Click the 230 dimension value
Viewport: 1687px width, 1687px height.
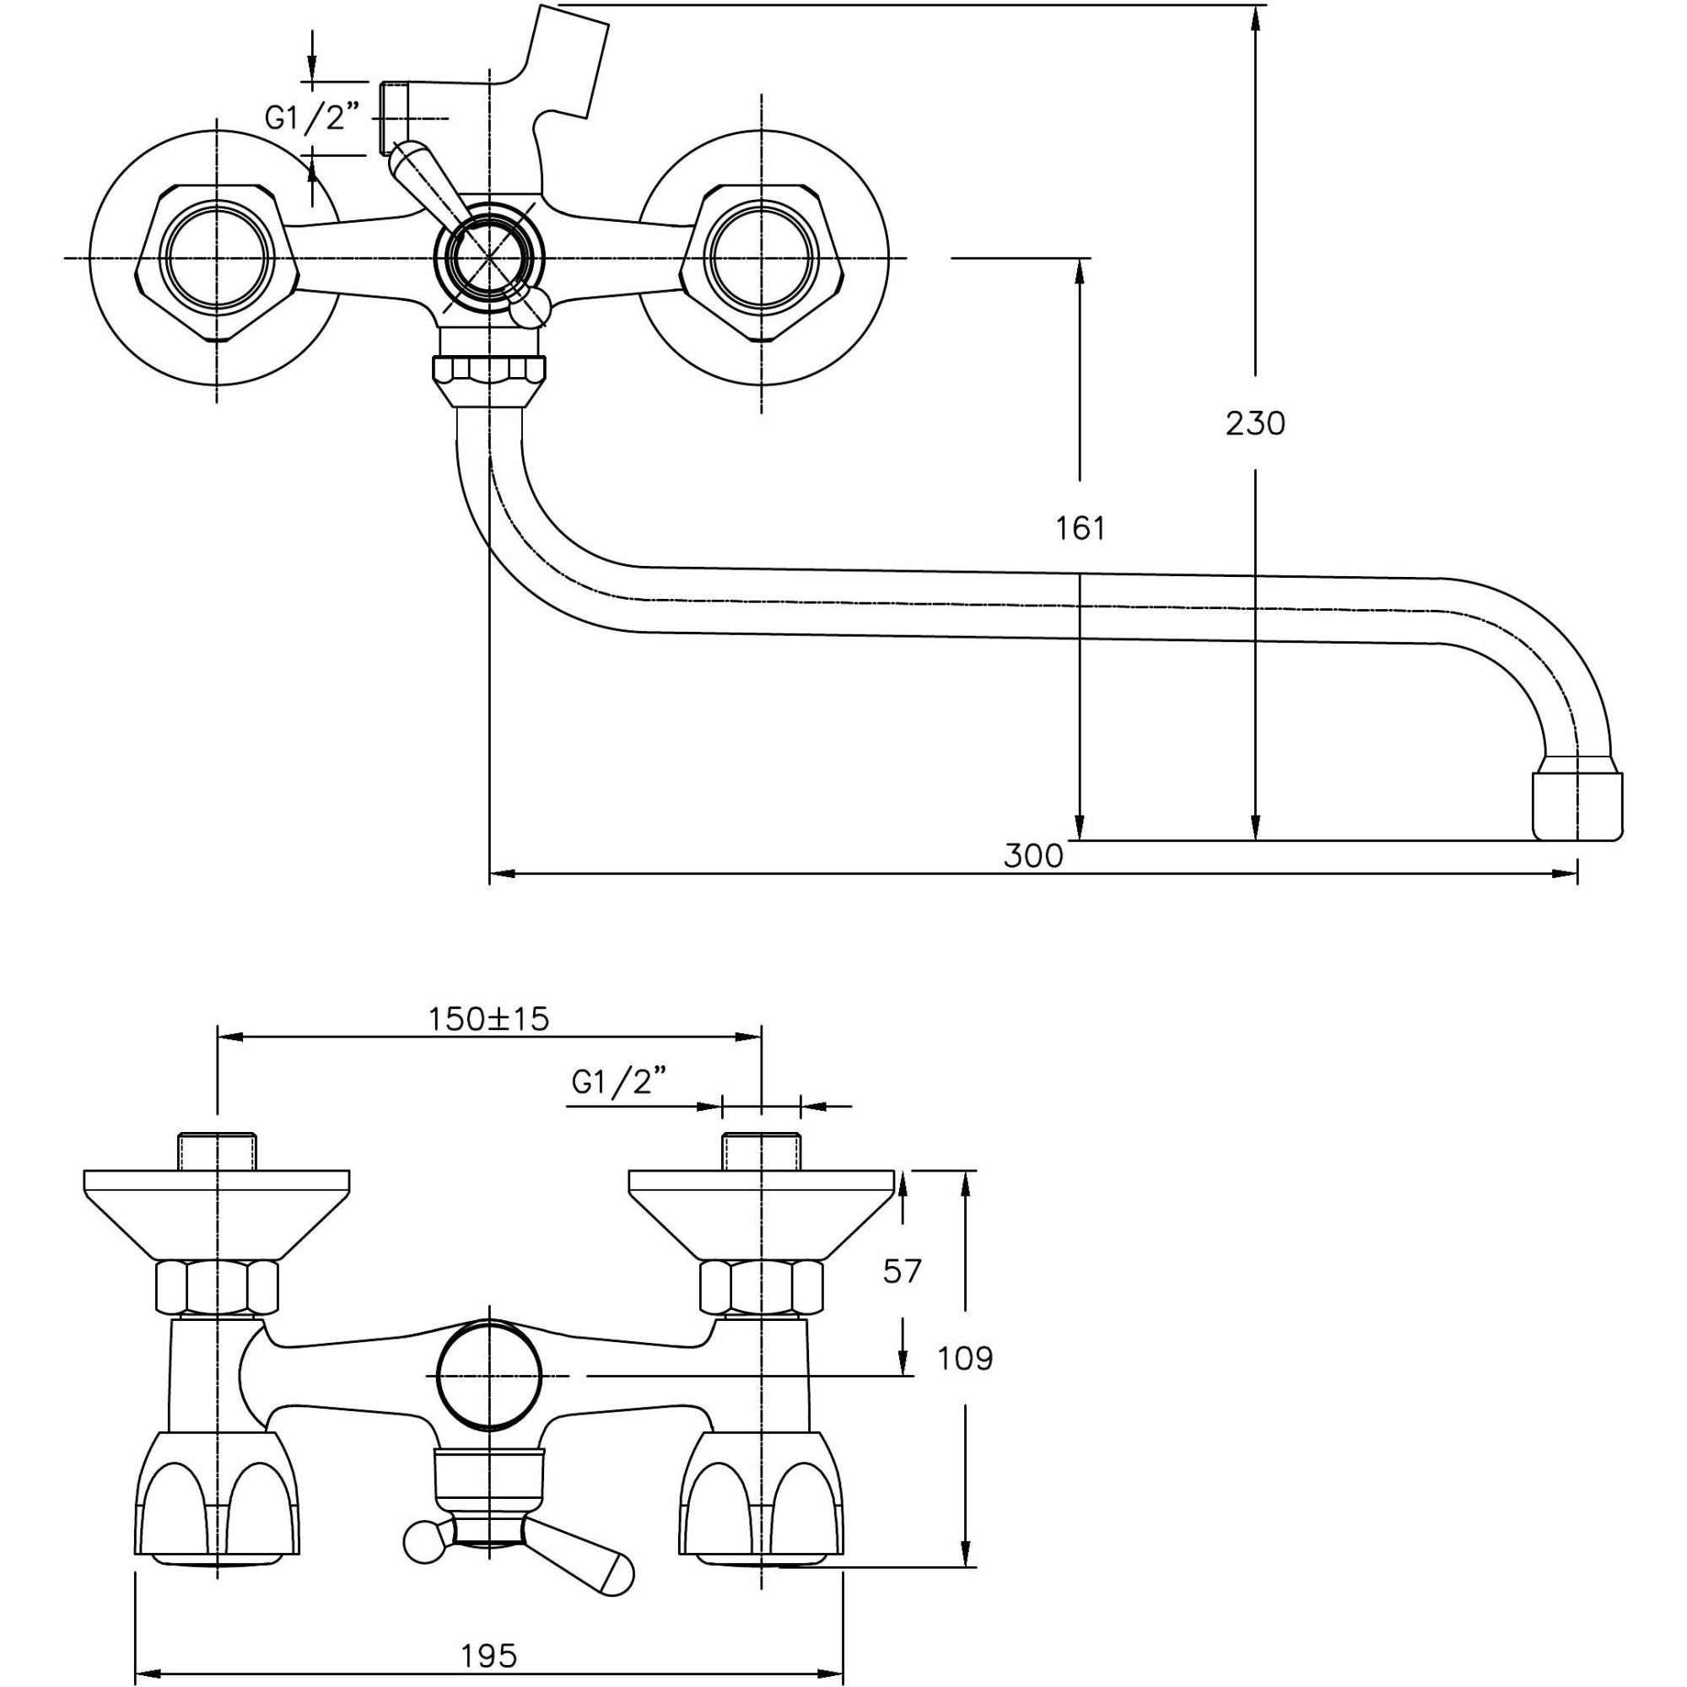pos(1255,423)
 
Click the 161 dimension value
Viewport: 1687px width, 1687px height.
pos(1081,528)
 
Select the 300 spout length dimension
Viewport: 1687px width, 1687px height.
pos(1033,855)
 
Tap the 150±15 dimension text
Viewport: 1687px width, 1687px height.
pos(488,1018)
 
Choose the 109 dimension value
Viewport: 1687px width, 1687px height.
pos(965,1359)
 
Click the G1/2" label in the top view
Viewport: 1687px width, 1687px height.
pos(313,118)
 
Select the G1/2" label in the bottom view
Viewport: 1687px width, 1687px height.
pos(619,1083)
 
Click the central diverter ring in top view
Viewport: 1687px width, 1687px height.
pos(489,258)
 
